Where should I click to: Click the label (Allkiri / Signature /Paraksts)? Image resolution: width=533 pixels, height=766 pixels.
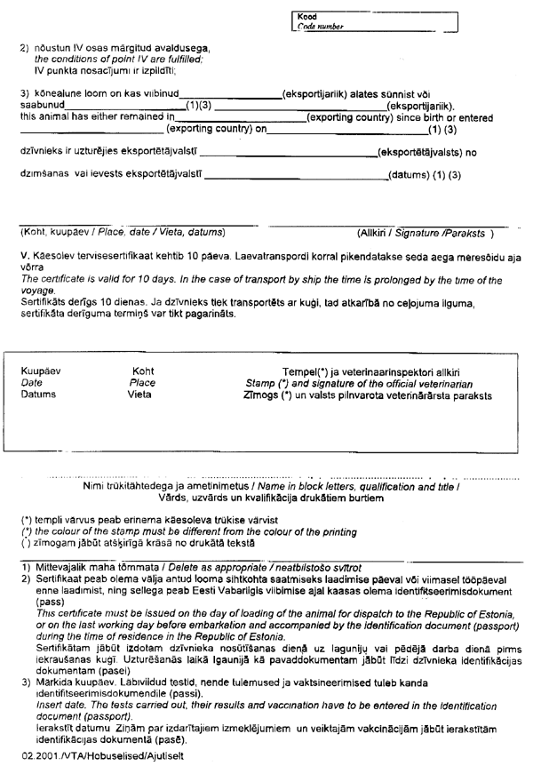425,233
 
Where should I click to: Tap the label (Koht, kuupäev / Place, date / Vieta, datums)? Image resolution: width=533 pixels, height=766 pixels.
121,233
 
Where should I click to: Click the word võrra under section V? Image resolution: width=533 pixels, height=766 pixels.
33,267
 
